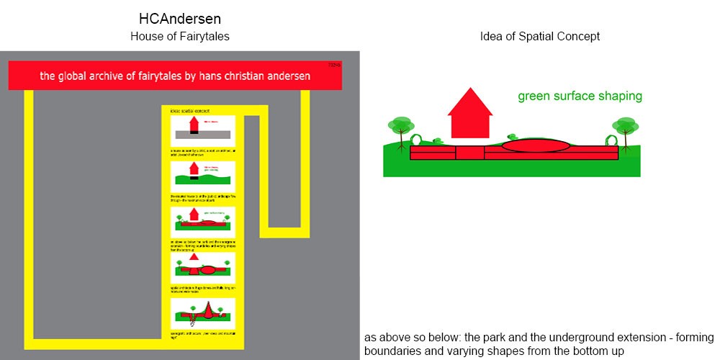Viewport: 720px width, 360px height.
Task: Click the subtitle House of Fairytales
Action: [180, 36]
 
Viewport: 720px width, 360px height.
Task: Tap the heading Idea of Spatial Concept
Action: [539, 36]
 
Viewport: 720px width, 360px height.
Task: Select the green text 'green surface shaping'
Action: [580, 96]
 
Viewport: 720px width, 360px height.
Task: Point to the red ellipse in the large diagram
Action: [536, 145]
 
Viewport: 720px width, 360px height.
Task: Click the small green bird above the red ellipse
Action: [513, 135]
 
